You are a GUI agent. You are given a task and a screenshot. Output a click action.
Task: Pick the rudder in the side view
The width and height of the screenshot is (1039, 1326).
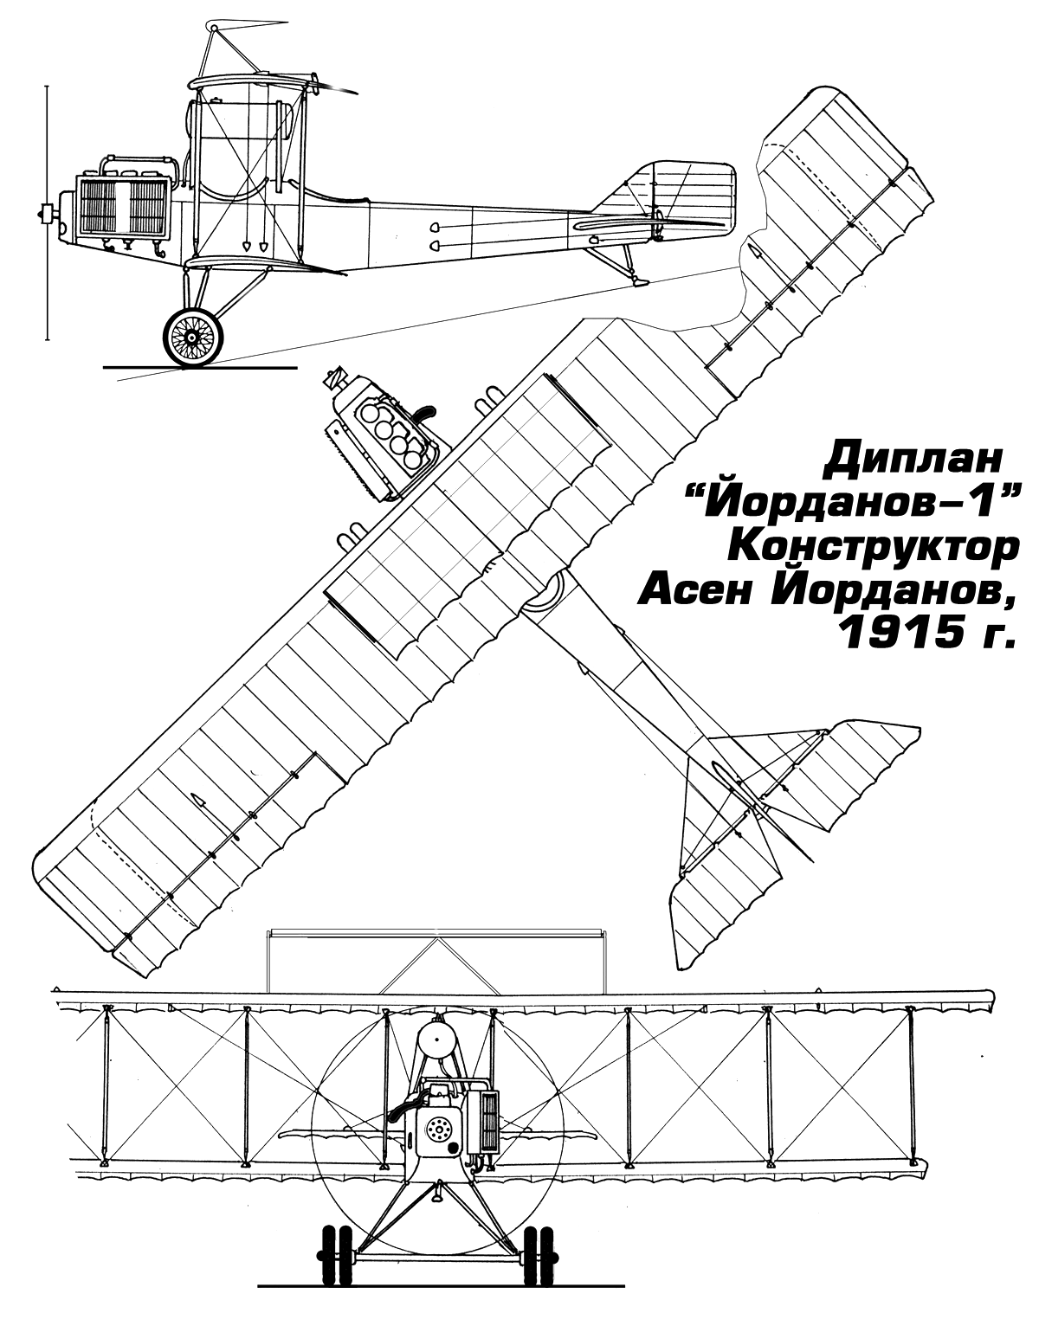(693, 195)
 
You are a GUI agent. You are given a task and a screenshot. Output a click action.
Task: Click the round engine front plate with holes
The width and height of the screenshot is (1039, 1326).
(439, 1132)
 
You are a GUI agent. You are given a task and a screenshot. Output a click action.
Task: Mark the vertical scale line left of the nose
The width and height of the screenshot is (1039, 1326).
(47, 212)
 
